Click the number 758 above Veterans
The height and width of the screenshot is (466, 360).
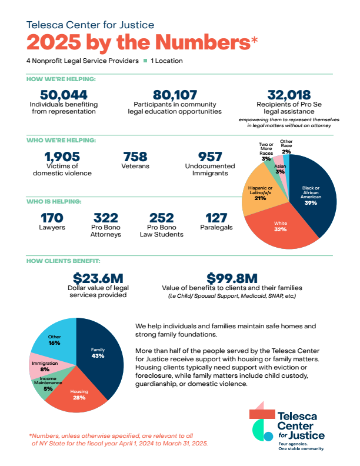tap(135, 157)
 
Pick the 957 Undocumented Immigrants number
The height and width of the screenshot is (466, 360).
tap(210, 157)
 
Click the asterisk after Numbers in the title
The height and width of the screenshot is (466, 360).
tap(254, 40)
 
